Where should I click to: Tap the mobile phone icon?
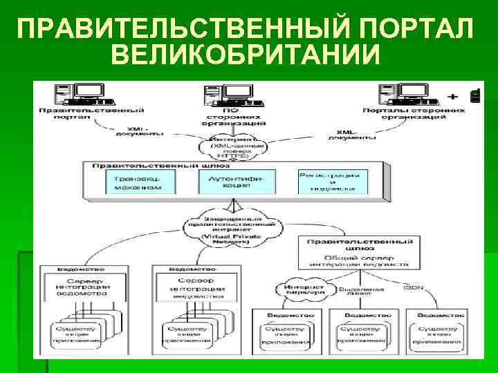click(x=474, y=96)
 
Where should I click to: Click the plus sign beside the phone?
click(x=454, y=95)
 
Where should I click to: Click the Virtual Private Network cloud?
click(x=232, y=229)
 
